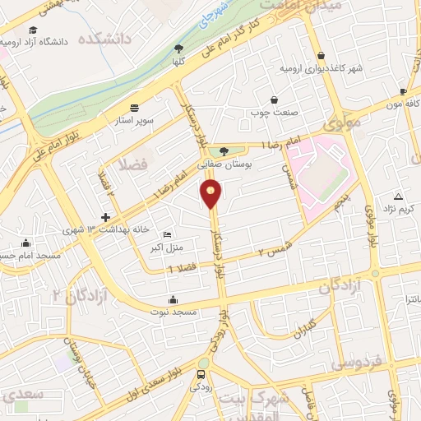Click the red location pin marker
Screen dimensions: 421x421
[x=211, y=194]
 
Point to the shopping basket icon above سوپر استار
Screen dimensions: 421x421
[x=134, y=107]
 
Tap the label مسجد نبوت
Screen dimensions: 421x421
[x=172, y=312]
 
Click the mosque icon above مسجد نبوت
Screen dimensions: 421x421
[x=172, y=299]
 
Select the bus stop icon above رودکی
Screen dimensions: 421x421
[x=201, y=374]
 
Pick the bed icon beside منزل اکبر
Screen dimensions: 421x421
[x=168, y=234]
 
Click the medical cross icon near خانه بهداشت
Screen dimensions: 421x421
[x=105, y=217]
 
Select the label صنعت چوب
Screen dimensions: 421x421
[x=273, y=113]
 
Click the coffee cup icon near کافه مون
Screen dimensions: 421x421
[x=403, y=92]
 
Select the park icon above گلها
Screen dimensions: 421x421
[x=178, y=49]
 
